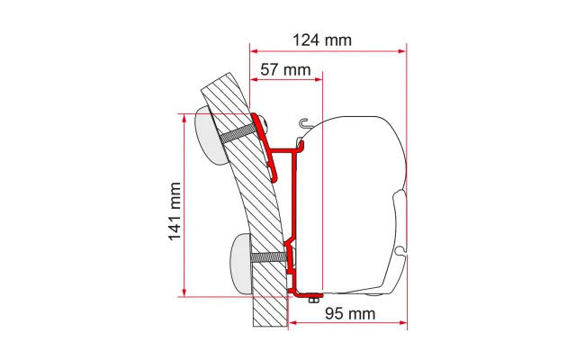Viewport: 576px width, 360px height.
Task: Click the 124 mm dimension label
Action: pos(322,40)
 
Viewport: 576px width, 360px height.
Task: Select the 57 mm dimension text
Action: pos(285,69)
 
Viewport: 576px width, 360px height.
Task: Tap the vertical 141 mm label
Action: pos(175,211)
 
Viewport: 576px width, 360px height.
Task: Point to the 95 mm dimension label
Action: pos(350,314)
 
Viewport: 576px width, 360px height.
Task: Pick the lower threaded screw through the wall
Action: pos(269,256)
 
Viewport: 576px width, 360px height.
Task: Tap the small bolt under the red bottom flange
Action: pos(313,300)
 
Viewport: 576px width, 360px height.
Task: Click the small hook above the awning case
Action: pos(306,124)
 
